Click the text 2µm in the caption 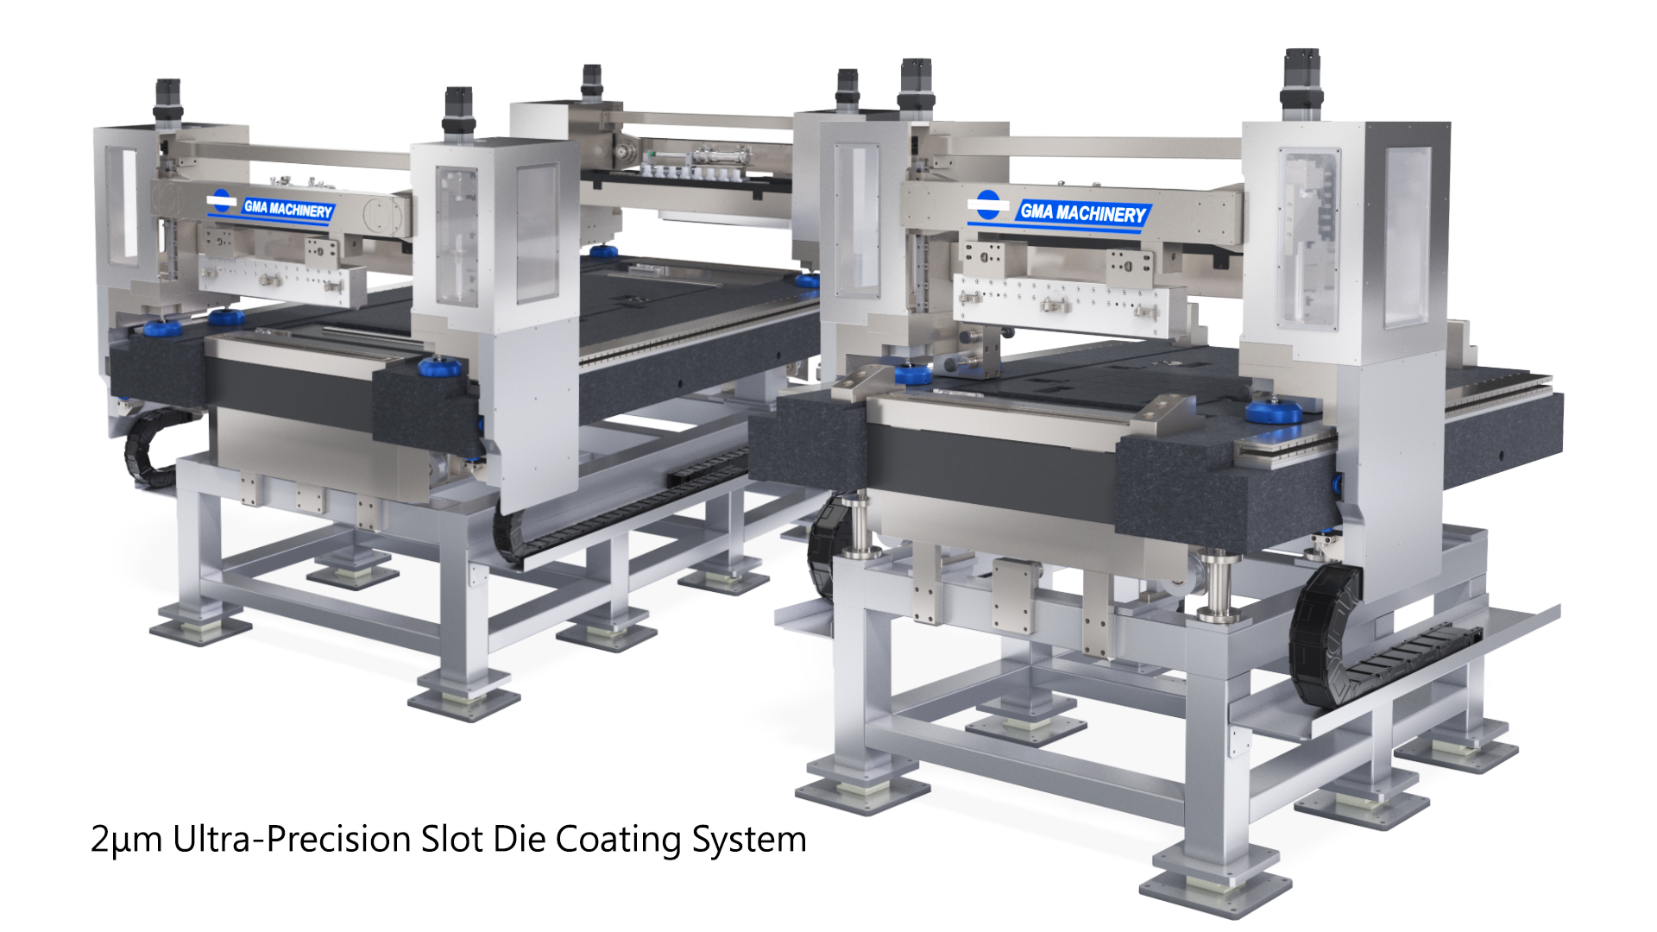point(126,840)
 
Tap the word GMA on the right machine point(1036,211)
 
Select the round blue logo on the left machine point(222,201)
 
